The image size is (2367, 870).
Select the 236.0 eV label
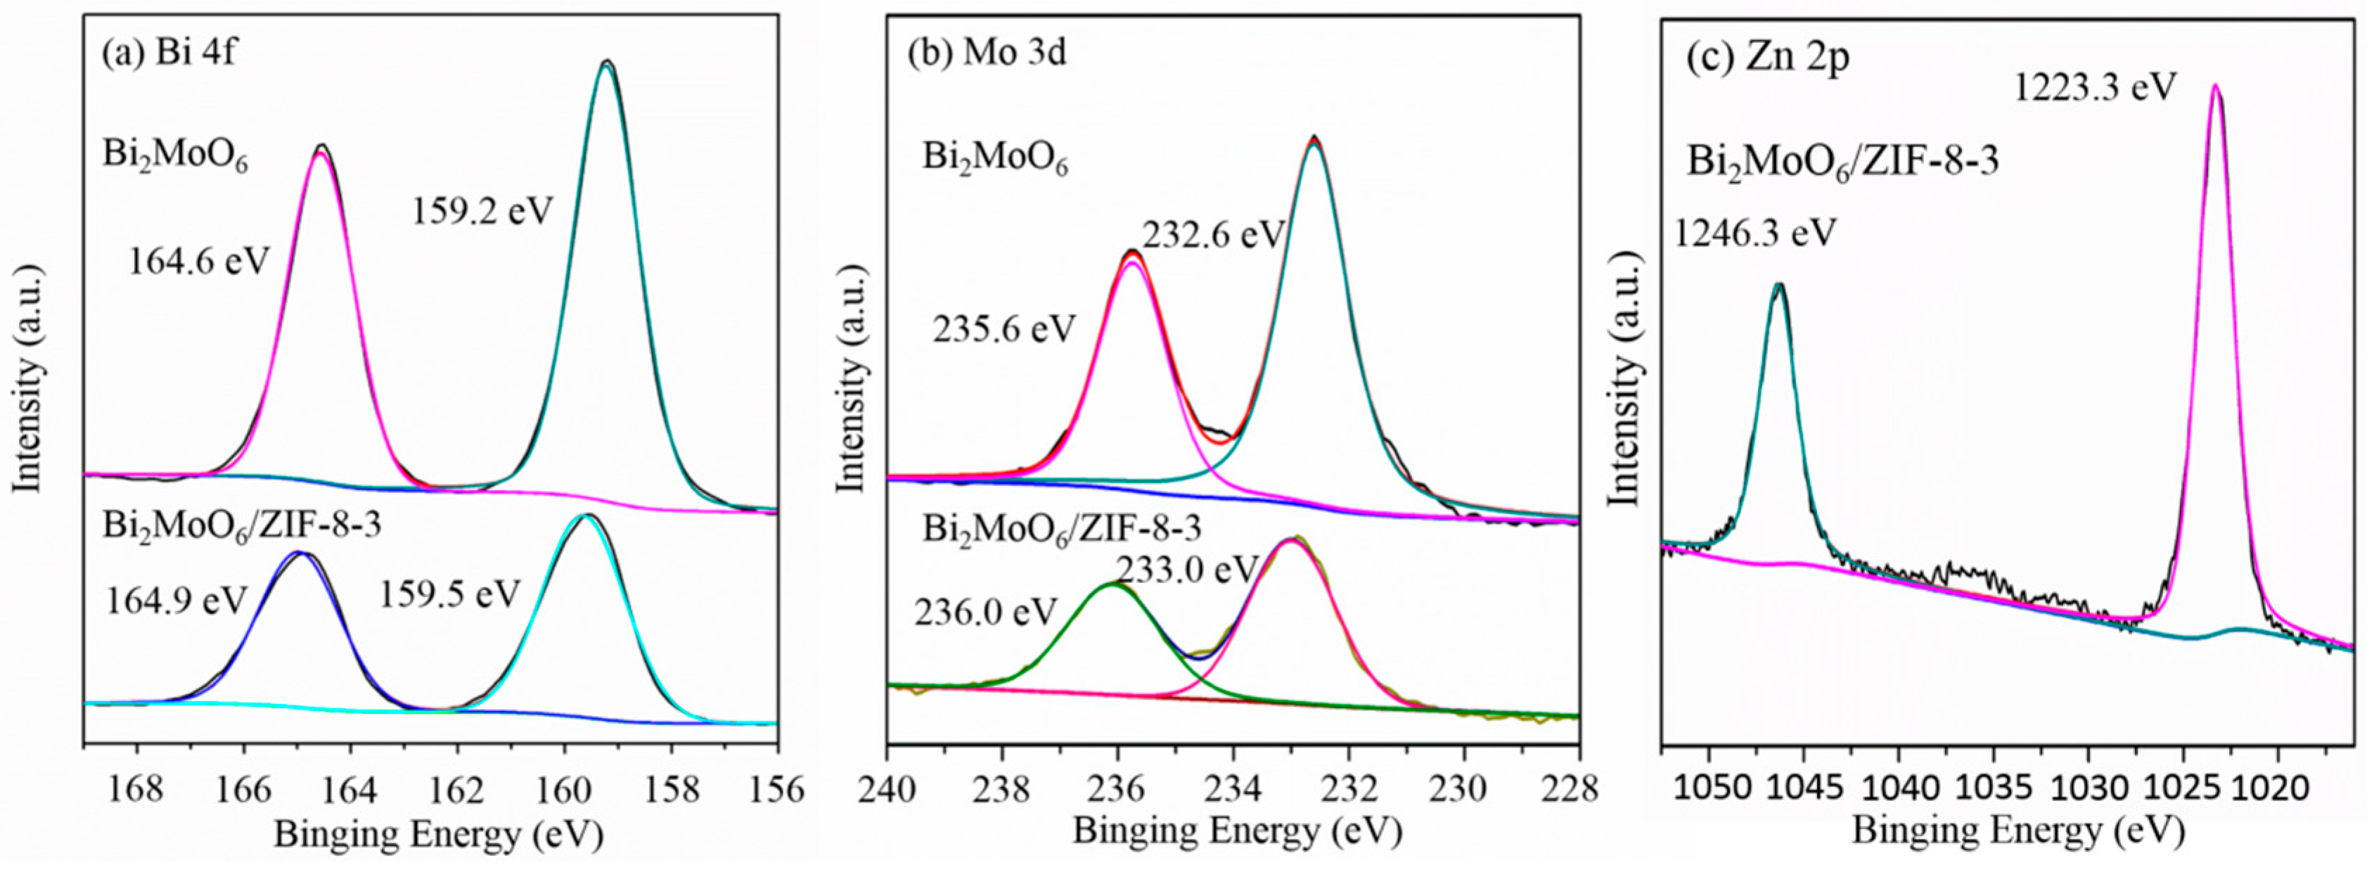coord(986,612)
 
